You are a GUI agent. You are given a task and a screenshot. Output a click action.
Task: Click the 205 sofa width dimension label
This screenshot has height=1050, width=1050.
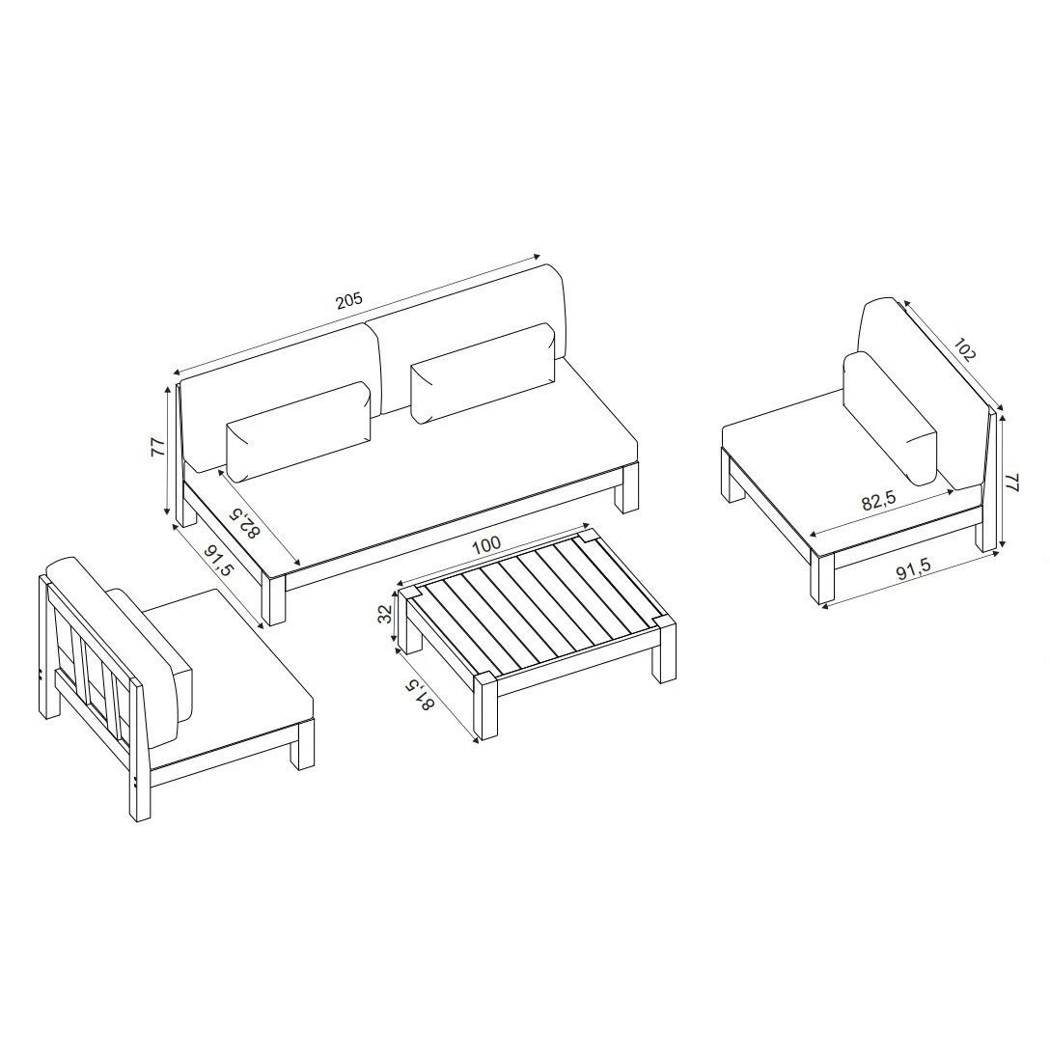pyautogui.click(x=349, y=298)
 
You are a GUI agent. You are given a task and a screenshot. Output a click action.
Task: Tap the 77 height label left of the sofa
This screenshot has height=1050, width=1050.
pyautogui.click(x=157, y=448)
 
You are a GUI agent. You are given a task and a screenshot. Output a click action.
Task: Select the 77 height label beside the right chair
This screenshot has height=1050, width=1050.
pyautogui.click(x=1012, y=483)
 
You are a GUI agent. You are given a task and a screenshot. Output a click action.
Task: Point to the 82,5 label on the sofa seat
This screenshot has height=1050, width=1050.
pyautogui.click(x=244, y=523)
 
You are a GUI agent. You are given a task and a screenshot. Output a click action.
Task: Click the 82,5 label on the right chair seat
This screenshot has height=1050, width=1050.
pyautogui.click(x=879, y=501)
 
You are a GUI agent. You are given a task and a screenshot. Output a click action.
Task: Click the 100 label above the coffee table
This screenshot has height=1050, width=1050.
pyautogui.click(x=486, y=544)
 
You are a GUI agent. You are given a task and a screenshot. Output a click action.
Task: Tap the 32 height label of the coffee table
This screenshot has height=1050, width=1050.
pyautogui.click(x=385, y=614)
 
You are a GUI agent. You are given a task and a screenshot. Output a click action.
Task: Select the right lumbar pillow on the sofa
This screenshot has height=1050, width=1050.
pyautogui.click(x=484, y=373)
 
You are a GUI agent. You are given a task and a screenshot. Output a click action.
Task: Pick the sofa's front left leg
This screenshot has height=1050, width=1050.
pyautogui.click(x=274, y=597)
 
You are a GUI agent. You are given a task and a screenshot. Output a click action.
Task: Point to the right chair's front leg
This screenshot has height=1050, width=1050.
pyautogui.click(x=822, y=576)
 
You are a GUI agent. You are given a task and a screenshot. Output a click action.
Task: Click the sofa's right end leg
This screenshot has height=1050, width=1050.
pyautogui.click(x=629, y=489)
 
